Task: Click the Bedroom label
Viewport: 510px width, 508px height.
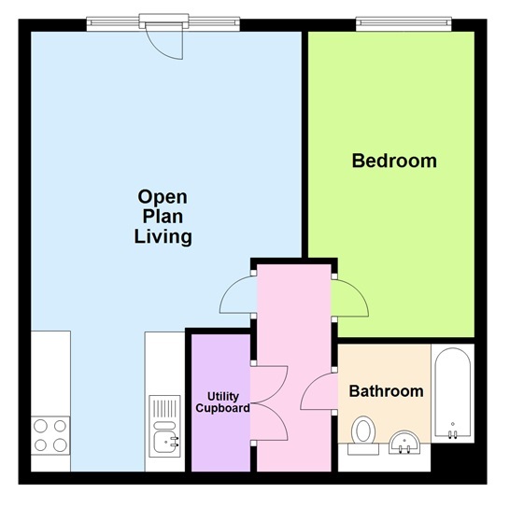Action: click(393, 161)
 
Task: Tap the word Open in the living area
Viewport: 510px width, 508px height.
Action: click(163, 197)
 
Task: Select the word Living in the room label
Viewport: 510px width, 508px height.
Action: click(163, 236)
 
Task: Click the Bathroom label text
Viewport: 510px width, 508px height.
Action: click(386, 390)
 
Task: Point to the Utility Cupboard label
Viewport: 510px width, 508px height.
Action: click(221, 402)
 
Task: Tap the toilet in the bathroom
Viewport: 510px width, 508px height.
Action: click(363, 432)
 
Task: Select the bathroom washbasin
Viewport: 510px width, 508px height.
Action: click(405, 442)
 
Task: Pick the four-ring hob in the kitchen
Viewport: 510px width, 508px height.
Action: click(50, 433)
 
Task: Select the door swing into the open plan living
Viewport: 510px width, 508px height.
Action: click(235, 299)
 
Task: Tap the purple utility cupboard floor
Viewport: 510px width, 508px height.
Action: click(220, 448)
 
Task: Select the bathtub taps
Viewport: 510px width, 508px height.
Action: click(453, 431)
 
